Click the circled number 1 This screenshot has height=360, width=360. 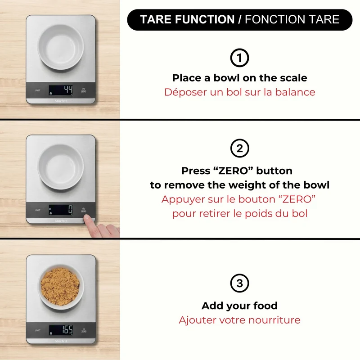(x=239, y=58)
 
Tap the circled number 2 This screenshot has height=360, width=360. (x=239, y=148)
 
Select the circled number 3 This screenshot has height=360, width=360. (x=239, y=283)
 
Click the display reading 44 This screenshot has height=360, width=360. (x=61, y=90)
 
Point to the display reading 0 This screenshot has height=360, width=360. (x=61, y=210)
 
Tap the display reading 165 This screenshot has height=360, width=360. (x=61, y=330)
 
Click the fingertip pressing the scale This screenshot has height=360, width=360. (x=87, y=218)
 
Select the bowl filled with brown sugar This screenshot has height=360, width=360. (x=60, y=287)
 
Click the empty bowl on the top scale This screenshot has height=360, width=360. (x=61, y=47)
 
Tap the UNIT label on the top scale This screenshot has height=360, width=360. (x=37, y=90)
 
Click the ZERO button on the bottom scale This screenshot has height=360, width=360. (x=84, y=330)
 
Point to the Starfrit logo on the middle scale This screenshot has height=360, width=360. (x=61, y=220)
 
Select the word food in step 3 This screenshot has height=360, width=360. (x=265, y=306)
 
